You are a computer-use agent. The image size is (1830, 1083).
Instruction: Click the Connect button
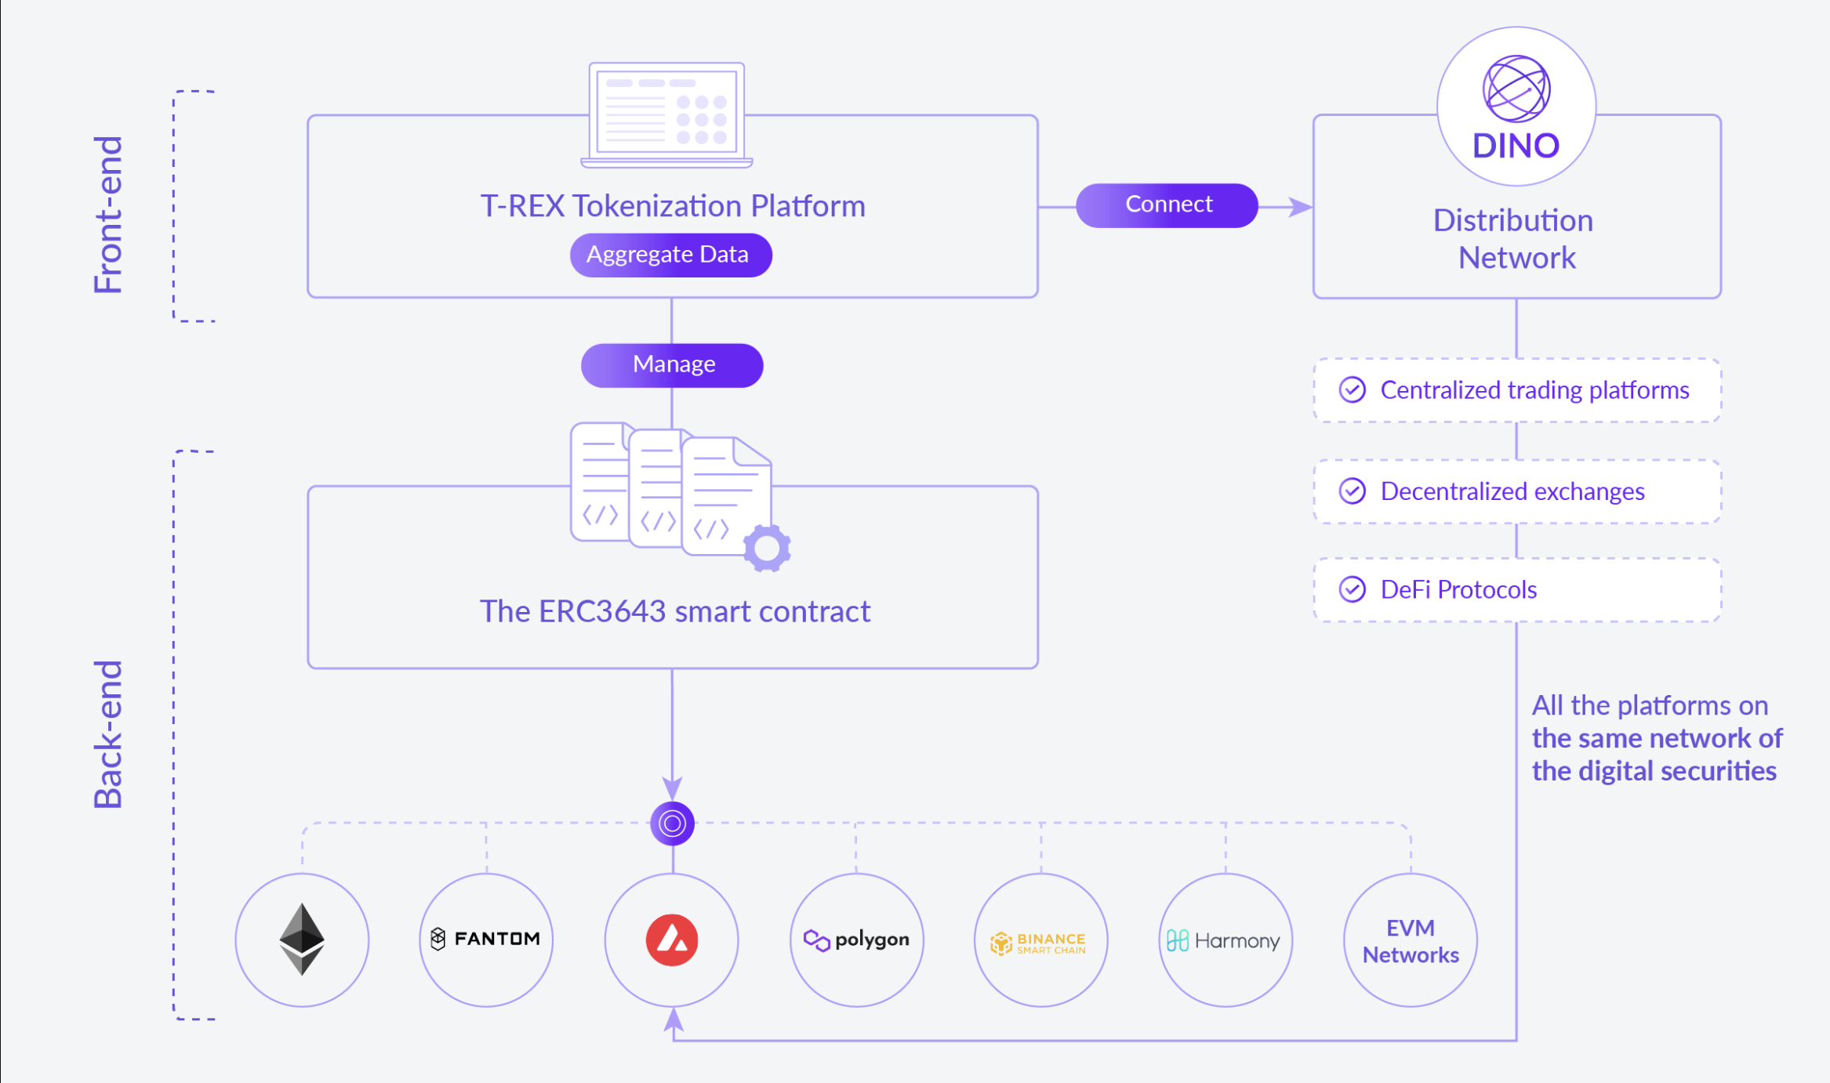(x=1167, y=205)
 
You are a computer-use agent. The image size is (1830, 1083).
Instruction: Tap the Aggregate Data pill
(x=670, y=255)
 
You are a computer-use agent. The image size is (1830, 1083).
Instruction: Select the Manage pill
(x=672, y=364)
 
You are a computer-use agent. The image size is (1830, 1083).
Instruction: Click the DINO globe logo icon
(x=1516, y=89)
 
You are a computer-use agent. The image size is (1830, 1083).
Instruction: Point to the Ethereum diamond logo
(x=302, y=939)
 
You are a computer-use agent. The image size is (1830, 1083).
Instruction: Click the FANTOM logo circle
(x=486, y=939)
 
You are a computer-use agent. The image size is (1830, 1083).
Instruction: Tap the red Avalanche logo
(x=672, y=940)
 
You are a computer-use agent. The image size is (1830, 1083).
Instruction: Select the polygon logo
(x=856, y=940)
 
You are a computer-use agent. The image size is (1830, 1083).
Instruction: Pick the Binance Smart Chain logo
(x=1040, y=943)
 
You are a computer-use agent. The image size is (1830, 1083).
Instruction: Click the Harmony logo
(x=1225, y=940)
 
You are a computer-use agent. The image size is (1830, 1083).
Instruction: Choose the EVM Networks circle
(x=1410, y=940)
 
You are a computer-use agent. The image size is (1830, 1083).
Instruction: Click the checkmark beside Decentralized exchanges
(x=1352, y=491)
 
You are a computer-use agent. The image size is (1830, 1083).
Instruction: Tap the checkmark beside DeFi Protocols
(x=1352, y=589)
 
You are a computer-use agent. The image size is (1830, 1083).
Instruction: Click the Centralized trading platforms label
(x=1534, y=390)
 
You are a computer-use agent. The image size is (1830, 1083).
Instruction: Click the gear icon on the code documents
(x=767, y=549)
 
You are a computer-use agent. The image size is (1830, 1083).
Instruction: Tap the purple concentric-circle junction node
(x=672, y=824)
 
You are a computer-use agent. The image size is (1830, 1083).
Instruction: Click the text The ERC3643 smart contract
(x=674, y=611)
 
